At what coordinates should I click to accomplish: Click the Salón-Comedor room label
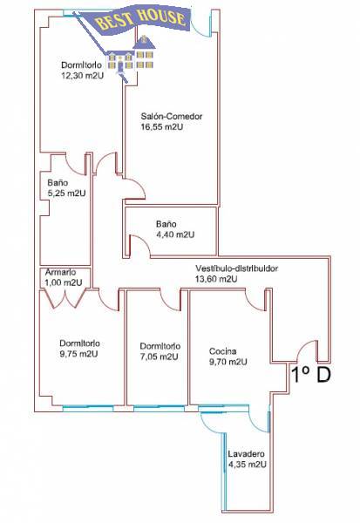pos(172,117)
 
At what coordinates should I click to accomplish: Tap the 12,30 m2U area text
pos(83,75)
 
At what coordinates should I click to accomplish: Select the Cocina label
pos(223,351)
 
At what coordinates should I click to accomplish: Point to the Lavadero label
pos(246,453)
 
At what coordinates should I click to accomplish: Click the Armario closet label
pos(61,272)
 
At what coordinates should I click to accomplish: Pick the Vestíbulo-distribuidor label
pos(236,268)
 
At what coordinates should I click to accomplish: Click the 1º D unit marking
pos(311,374)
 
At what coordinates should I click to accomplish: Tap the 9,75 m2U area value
pos(78,354)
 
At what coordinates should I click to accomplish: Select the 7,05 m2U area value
pos(160,357)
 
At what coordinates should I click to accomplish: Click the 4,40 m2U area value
pos(175,234)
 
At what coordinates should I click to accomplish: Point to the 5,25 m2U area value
pos(67,194)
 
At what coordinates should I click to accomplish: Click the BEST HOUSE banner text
pos(141,20)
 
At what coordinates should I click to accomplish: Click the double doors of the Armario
pos(66,298)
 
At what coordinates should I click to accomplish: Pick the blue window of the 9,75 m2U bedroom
pos(88,406)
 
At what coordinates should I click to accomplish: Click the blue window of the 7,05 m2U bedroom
pos(159,406)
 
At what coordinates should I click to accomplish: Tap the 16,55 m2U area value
pos(162,126)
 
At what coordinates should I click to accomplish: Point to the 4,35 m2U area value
pos(248,465)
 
